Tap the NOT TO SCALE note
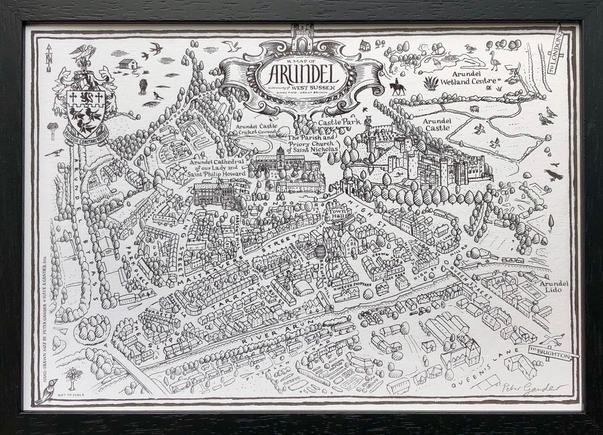71,402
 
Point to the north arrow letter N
49,57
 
